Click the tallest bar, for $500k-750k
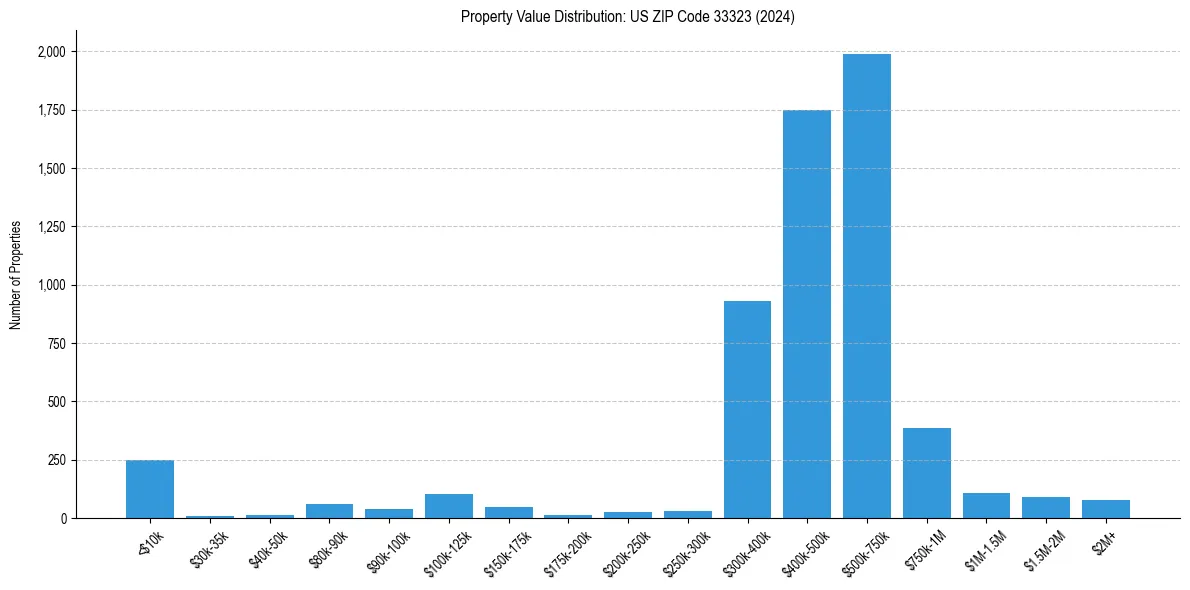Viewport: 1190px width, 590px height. pyautogui.click(x=866, y=286)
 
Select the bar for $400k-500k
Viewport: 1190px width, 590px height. pyautogui.click(x=807, y=314)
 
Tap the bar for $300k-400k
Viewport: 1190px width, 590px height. pyautogui.click(x=747, y=410)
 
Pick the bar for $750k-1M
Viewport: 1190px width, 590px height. pyautogui.click(x=926, y=473)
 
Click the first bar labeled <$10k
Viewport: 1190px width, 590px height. pyautogui.click(x=150, y=489)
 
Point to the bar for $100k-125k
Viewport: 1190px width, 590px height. pyautogui.click(x=448, y=506)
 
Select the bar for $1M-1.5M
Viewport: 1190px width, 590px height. pyautogui.click(x=986, y=506)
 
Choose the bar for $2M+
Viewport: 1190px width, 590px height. pyautogui.click(x=1105, y=509)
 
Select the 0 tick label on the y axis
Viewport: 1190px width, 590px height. pyautogui.click(x=64, y=519)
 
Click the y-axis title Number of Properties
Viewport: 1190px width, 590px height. pyautogui.click(x=16, y=275)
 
